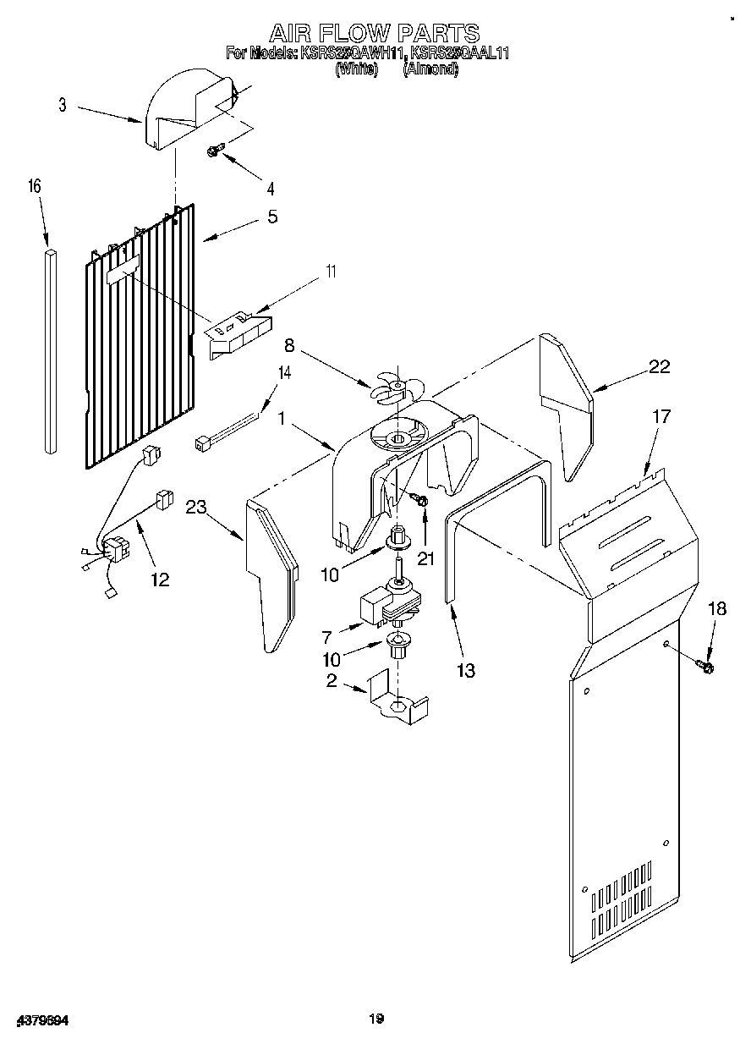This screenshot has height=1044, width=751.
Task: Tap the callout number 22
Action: (659, 366)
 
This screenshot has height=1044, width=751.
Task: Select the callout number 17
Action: (661, 416)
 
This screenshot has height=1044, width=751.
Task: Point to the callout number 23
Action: (196, 508)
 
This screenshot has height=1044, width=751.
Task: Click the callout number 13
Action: (464, 671)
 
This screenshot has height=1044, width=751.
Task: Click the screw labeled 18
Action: (707, 668)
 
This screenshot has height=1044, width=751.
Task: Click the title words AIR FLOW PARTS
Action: (375, 33)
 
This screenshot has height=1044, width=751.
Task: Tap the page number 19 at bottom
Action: (376, 1019)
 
